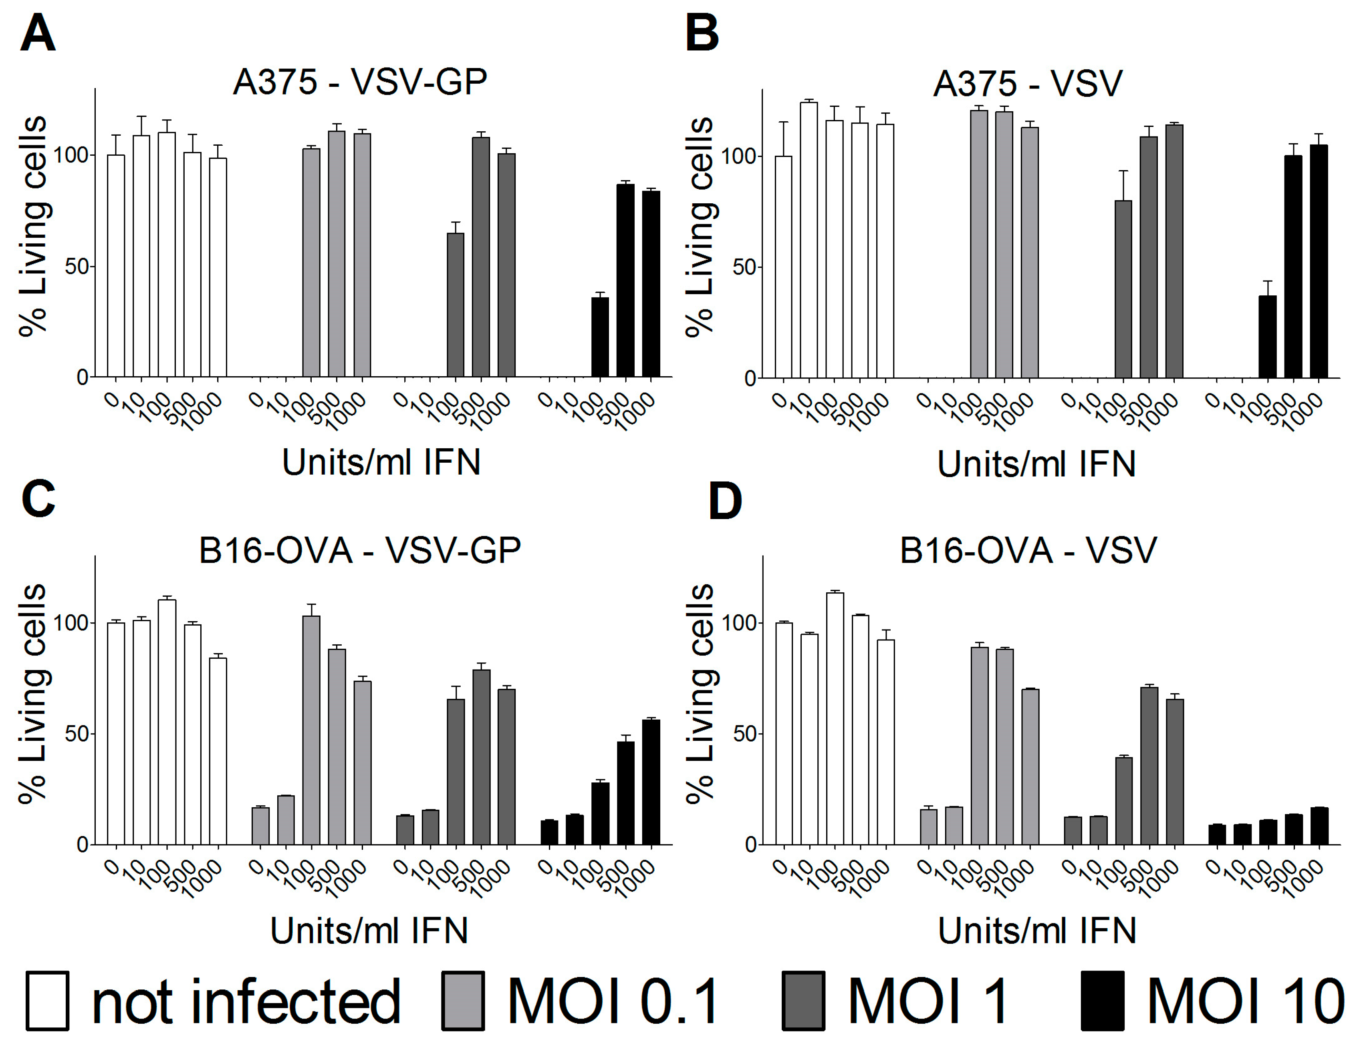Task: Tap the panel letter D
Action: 725,501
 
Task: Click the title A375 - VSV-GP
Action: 360,82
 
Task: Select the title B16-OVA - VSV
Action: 1028,550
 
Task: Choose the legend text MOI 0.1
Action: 613,1001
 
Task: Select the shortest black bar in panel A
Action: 600,337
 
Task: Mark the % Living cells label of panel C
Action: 32,694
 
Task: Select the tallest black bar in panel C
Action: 651,782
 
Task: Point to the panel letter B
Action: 702,34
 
